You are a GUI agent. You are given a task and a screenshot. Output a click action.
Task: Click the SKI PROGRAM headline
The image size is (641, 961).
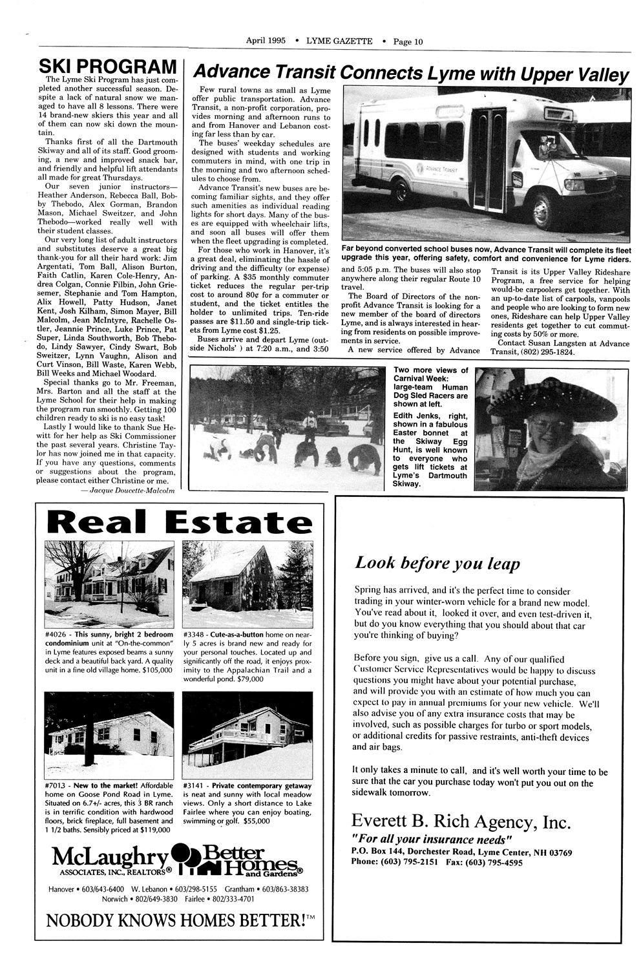(x=108, y=67)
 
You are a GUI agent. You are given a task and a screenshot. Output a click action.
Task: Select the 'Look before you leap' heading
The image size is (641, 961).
(x=437, y=564)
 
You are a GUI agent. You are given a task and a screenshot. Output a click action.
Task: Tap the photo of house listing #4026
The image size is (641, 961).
(x=110, y=579)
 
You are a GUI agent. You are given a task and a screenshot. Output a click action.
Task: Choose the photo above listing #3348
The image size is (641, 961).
(x=247, y=579)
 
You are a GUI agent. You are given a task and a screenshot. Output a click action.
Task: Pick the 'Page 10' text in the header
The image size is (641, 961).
(x=408, y=41)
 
